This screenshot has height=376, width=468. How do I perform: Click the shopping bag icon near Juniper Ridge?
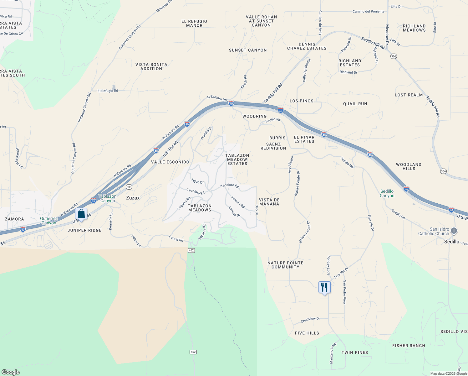(81, 214)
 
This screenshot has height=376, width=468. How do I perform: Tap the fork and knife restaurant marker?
(324, 287)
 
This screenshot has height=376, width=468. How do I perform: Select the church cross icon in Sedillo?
(454, 231)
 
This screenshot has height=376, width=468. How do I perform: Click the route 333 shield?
(129, 187)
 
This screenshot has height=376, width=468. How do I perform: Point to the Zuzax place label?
(133, 198)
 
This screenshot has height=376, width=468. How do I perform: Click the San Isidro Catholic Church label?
(434, 231)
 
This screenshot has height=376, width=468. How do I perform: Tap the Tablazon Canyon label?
(108, 198)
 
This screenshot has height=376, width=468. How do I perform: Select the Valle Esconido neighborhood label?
(170, 162)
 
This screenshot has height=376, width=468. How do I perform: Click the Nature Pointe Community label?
(285, 265)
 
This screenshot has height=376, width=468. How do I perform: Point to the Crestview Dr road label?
(310, 320)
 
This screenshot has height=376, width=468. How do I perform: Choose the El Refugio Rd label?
(108, 91)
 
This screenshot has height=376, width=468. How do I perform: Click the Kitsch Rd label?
(244, 82)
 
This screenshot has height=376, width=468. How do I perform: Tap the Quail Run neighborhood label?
(355, 104)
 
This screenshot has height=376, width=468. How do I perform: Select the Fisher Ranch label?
(409, 346)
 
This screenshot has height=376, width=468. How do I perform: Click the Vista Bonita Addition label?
(151, 66)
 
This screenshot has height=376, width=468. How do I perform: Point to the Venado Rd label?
(238, 202)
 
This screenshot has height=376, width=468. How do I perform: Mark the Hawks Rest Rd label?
(19, 158)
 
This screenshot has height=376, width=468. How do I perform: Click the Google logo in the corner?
(11, 372)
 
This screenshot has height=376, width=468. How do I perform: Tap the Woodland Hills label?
(409, 166)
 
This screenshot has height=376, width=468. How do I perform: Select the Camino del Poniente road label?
(368, 12)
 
